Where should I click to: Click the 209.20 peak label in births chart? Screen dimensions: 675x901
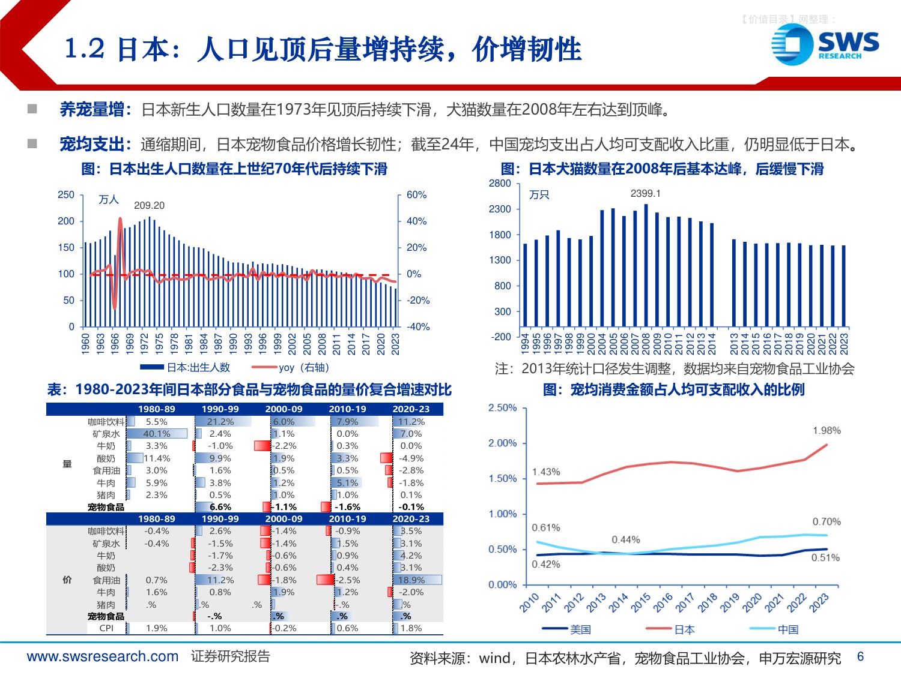[x=149, y=205]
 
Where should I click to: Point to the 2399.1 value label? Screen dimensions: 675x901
[x=645, y=193]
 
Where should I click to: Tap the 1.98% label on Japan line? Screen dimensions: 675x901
[x=827, y=431]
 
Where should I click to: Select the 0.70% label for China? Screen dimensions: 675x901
[x=827, y=522]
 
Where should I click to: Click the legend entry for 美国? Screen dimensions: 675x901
[x=580, y=629]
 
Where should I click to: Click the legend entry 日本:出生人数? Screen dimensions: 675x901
[x=198, y=367]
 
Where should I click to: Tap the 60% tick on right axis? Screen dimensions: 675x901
[x=416, y=195]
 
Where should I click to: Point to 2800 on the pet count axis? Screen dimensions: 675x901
[x=500, y=184]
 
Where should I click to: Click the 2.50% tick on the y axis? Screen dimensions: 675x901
[x=502, y=408]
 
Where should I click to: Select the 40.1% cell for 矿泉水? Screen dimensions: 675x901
[x=157, y=434]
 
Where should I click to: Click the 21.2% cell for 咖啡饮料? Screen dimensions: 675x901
[x=220, y=422]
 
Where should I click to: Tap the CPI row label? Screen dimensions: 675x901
[x=106, y=628]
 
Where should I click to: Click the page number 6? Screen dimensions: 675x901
[x=860, y=656]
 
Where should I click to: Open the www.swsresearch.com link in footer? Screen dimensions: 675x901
[x=103, y=656]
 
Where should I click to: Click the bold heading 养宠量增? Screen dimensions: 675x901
[x=92, y=110]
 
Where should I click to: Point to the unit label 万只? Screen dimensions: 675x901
[x=539, y=195]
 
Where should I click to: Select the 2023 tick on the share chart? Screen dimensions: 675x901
[x=819, y=602]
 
